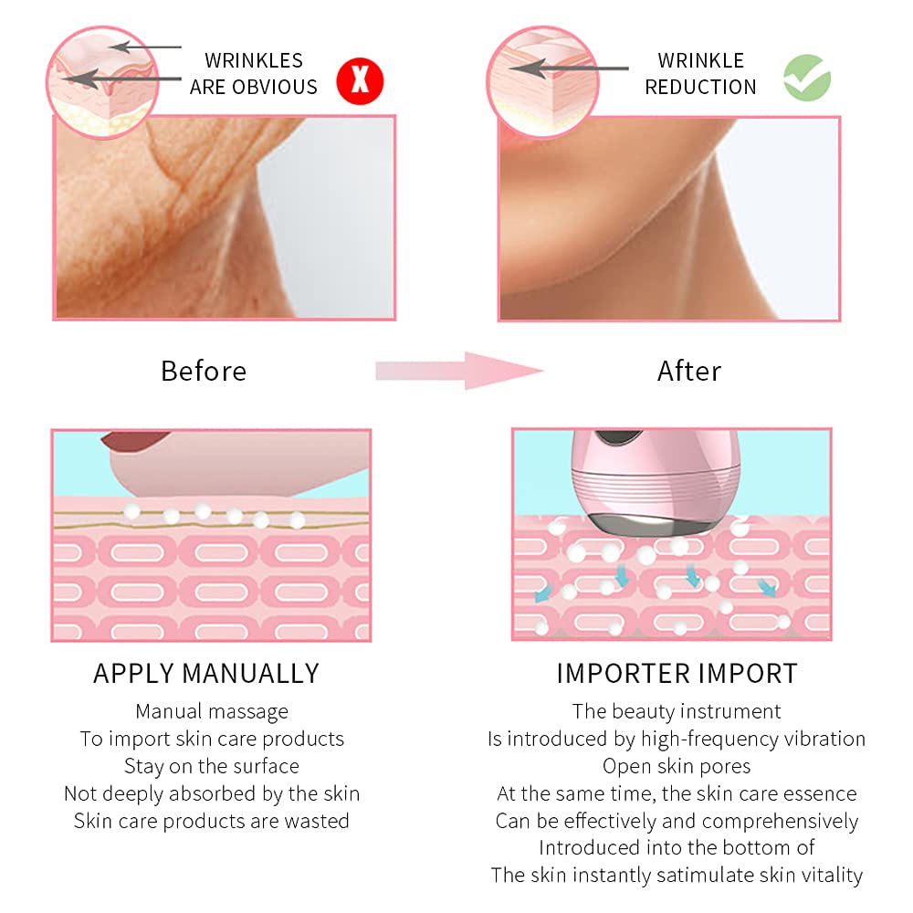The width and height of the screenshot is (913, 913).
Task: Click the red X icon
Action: [360, 81]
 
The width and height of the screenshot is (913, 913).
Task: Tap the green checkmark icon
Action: [807, 78]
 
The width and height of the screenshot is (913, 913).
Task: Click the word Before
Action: [204, 371]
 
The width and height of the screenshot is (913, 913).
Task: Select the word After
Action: [689, 371]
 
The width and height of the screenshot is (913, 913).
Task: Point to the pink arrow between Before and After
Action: [459, 371]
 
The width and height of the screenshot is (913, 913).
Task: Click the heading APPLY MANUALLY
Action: [206, 674]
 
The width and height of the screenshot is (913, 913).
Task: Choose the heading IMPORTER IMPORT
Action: [677, 674]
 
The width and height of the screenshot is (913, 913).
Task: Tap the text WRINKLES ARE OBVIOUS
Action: [254, 74]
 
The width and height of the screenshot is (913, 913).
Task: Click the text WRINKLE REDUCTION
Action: [701, 74]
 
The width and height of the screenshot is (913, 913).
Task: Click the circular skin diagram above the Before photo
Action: [102, 82]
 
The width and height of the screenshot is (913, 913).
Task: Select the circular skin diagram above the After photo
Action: [543, 82]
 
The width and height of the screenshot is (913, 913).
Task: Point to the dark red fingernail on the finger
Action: [134, 440]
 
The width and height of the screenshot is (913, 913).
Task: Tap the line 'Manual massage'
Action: [212, 711]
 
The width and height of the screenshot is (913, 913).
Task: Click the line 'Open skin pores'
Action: [677, 766]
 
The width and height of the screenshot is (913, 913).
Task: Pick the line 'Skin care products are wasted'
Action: [212, 821]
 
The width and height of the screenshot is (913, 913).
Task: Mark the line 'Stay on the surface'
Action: [212, 766]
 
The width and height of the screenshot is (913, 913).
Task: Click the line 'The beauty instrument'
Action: [677, 711]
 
